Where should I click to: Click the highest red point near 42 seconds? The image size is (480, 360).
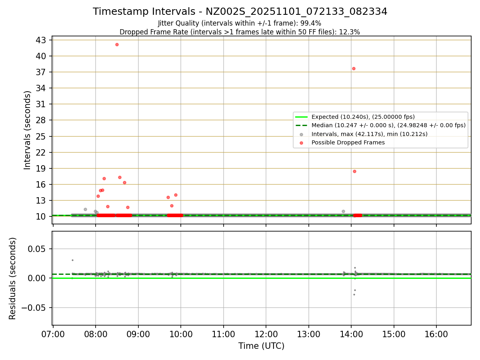click(117, 44)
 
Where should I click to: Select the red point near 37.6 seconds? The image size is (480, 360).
click(354, 68)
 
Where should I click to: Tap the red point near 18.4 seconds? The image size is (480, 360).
click(354, 171)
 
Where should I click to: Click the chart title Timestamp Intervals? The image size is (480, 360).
click(240, 12)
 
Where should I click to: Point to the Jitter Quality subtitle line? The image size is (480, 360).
click(240, 24)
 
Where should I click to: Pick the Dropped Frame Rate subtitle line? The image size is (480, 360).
click(240, 32)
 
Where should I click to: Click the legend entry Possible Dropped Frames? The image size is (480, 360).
click(348, 142)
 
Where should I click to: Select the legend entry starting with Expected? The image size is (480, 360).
click(363, 117)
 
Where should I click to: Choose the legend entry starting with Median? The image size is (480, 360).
click(388, 125)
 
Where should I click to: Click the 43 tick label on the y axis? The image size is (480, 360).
click(41, 40)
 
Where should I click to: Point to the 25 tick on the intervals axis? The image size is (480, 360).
click(41, 136)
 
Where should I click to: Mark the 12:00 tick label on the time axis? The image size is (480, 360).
click(266, 334)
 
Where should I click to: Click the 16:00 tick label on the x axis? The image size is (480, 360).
click(436, 334)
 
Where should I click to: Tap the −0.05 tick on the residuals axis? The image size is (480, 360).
click(35, 308)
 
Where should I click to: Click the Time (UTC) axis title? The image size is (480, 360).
click(261, 346)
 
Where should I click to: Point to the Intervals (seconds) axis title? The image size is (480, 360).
click(27, 130)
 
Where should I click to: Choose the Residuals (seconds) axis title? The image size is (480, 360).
click(12, 278)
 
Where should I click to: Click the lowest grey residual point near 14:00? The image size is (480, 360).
click(354, 294)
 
